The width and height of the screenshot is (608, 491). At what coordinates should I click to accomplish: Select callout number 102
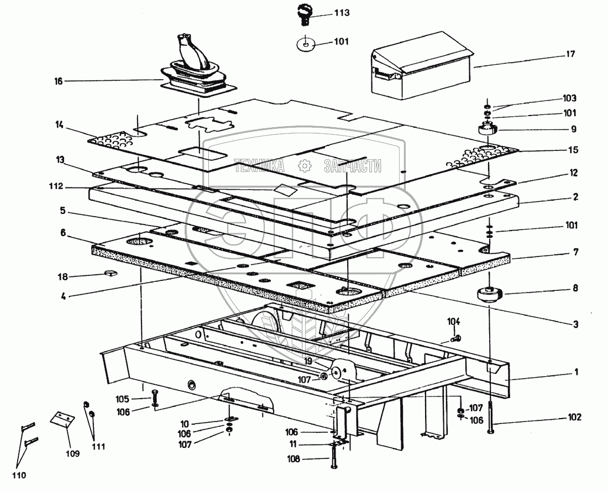pos(575,418)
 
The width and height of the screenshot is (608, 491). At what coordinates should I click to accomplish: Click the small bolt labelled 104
pos(455,337)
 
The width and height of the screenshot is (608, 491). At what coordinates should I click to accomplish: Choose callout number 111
pos(99,446)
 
